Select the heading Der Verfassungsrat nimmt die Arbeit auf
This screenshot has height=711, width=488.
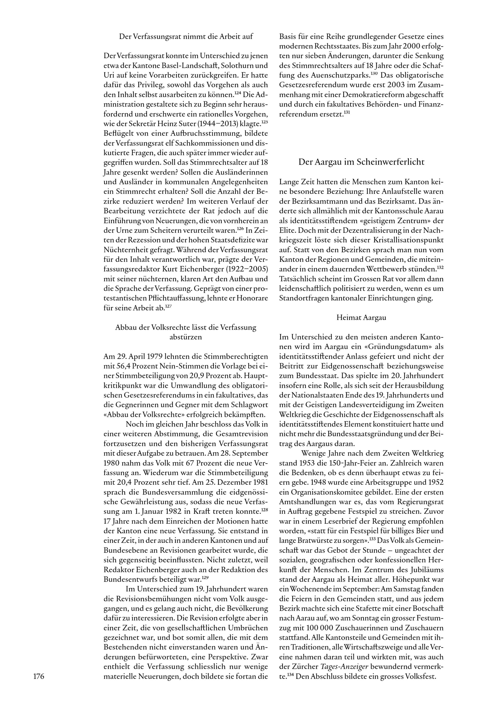coord(186,36)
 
